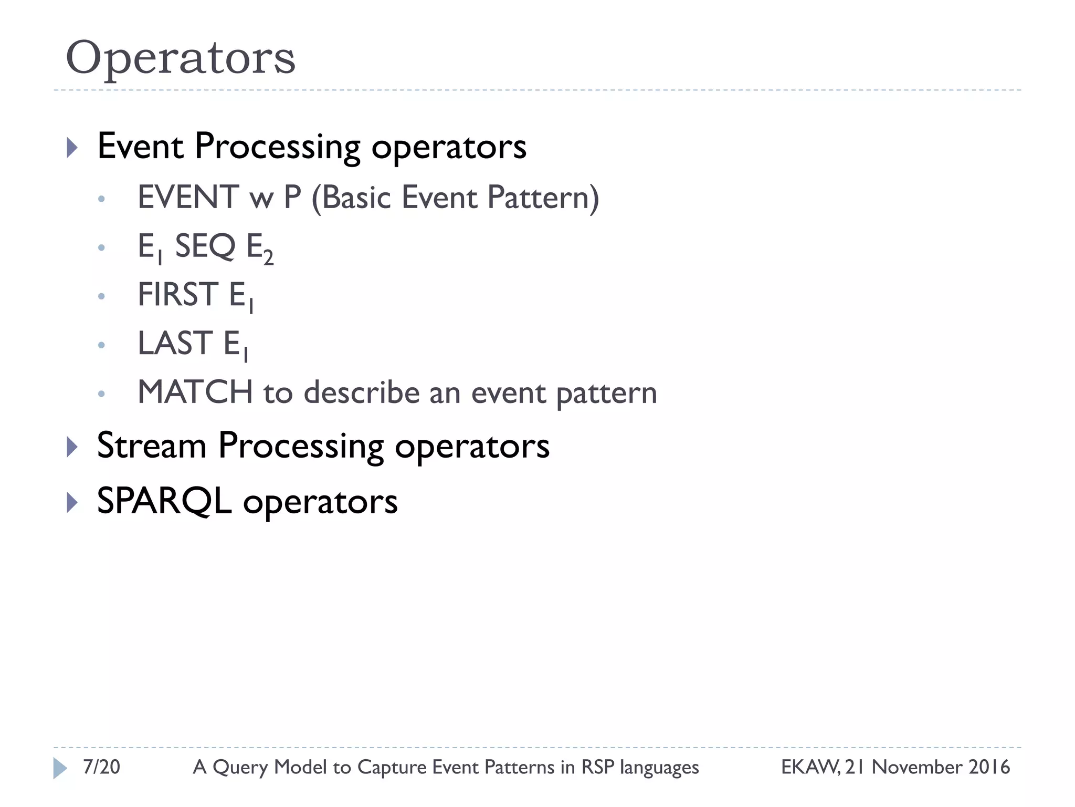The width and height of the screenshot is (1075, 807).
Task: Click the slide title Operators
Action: coord(181,58)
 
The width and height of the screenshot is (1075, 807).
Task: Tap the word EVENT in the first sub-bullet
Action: coord(187,198)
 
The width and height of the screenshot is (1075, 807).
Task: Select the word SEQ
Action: coord(205,246)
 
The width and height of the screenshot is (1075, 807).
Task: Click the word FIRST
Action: coord(177,294)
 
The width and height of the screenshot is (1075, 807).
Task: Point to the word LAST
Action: coord(175,343)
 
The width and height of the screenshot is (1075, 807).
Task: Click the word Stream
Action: coord(152,446)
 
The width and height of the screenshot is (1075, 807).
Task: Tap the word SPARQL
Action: coord(164,501)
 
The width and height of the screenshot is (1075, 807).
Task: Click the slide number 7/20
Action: coord(101,767)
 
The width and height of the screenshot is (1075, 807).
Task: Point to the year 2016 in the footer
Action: coord(989,767)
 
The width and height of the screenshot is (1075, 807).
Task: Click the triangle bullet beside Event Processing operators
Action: coord(72,148)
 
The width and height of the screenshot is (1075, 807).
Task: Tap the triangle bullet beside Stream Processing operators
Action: coord(72,447)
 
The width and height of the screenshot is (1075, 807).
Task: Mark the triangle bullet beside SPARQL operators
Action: coord(72,503)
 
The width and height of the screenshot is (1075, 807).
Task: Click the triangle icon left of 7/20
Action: coord(60,768)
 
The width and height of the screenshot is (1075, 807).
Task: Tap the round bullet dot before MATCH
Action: coord(101,394)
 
